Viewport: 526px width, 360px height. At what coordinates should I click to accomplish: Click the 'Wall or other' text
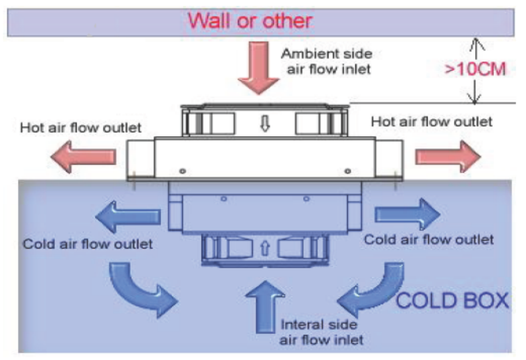250,20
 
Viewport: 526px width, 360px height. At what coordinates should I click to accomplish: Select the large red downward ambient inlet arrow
259,68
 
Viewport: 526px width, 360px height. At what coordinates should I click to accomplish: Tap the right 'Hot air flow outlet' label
432,121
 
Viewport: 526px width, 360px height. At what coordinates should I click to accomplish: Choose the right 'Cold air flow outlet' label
429,239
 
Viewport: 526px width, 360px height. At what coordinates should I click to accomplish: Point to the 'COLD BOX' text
452,299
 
